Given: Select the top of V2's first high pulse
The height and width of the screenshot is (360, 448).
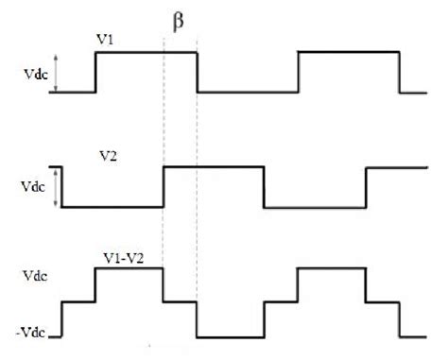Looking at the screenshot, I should [x=213, y=167].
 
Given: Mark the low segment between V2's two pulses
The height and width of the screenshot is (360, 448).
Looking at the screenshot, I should [x=314, y=206].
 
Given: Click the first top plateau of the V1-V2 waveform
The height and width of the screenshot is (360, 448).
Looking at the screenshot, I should [x=129, y=268].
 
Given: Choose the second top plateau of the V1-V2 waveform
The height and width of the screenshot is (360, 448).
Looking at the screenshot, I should [x=331, y=268].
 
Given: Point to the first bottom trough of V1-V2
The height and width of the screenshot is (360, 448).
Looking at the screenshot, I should [x=229, y=335].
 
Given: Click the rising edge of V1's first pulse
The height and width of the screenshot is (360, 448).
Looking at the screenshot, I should [x=95, y=73].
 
